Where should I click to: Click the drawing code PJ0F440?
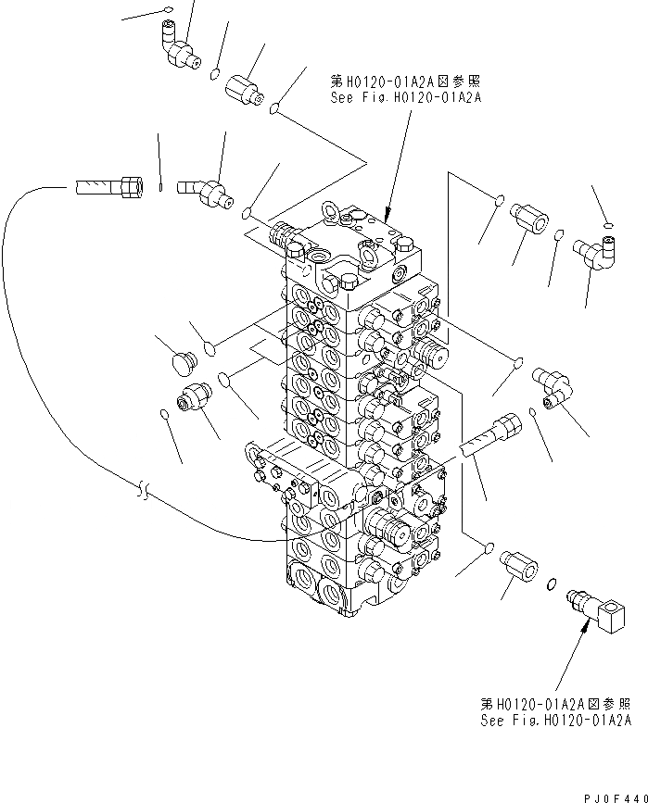tap(614, 797)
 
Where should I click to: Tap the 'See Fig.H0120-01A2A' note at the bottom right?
tap(555, 720)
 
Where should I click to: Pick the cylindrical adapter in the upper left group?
tap(246, 91)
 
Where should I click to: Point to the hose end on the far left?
tap(108, 188)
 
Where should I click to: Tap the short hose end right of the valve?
tap(490, 434)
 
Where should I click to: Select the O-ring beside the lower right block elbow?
tap(552, 584)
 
